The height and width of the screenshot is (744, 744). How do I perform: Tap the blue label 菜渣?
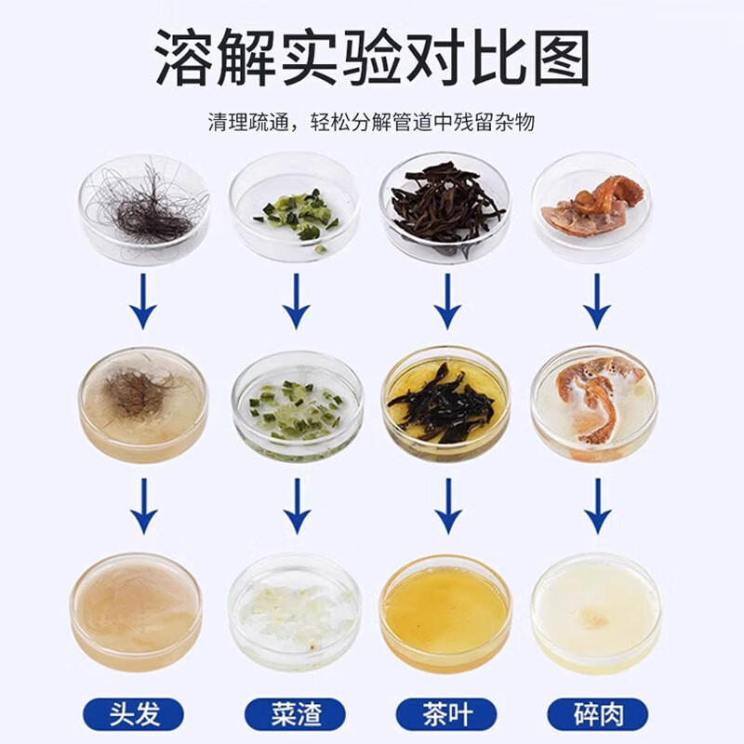click(x=295, y=714)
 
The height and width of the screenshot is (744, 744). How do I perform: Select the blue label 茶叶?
click(x=446, y=714)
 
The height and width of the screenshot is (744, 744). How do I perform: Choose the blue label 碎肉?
click(x=597, y=714)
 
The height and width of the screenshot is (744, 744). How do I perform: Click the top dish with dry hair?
click(x=143, y=206)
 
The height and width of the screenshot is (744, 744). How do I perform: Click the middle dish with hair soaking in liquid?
click(x=143, y=402)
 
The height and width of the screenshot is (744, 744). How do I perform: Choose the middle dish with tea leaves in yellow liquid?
click(x=445, y=402)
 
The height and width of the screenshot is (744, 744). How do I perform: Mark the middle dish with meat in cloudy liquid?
click(x=594, y=402)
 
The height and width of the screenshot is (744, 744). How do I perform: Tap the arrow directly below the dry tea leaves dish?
click(x=447, y=299)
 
